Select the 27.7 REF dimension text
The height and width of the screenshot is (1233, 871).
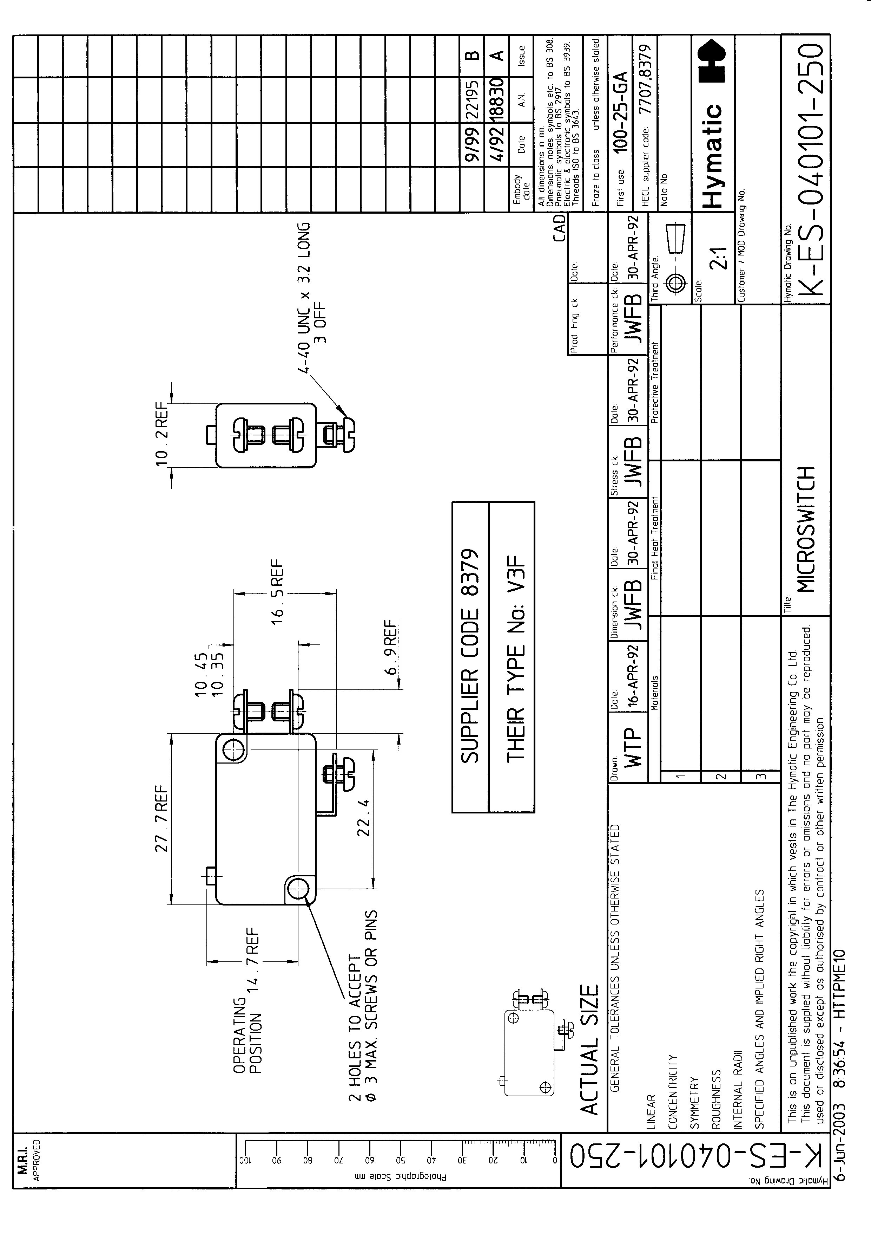pos(161,819)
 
